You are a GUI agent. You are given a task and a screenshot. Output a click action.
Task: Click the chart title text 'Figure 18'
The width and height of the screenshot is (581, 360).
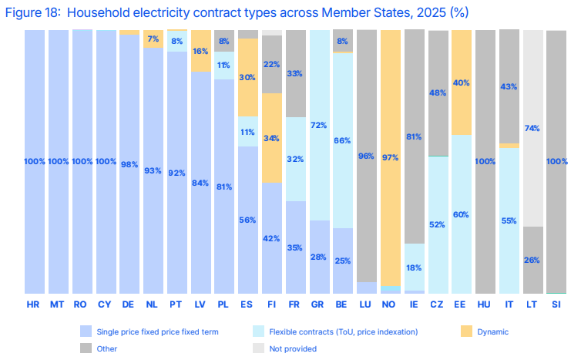(x=32, y=12)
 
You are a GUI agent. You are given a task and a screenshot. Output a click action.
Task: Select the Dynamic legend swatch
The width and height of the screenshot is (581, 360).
(x=466, y=331)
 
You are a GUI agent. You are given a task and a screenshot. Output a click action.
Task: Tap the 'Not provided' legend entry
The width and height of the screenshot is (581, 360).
(x=284, y=348)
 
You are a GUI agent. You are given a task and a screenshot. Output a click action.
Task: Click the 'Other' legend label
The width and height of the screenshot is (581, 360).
(x=106, y=349)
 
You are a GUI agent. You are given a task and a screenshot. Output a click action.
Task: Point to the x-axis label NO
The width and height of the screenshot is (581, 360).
(x=388, y=304)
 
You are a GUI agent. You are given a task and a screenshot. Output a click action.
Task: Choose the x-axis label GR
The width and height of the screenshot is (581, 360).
(x=317, y=304)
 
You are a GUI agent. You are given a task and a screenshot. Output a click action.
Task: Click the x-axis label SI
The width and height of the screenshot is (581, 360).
(x=556, y=304)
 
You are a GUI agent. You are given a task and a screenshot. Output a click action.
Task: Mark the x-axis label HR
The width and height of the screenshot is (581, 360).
(x=33, y=304)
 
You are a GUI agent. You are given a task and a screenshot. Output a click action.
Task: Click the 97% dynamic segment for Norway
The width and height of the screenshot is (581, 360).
(x=391, y=158)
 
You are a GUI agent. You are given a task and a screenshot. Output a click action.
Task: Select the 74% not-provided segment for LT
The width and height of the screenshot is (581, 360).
(x=533, y=128)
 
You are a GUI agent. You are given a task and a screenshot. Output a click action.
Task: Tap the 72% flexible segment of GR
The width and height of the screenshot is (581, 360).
(x=320, y=126)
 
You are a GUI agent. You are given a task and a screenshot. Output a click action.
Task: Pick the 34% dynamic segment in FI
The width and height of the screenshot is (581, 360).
(x=272, y=138)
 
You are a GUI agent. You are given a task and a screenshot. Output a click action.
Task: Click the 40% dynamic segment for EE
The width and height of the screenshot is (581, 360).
(x=462, y=82)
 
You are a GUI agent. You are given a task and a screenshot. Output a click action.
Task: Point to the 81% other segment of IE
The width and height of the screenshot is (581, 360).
(x=415, y=136)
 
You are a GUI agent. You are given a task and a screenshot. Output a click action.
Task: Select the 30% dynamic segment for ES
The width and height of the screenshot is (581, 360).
(x=248, y=78)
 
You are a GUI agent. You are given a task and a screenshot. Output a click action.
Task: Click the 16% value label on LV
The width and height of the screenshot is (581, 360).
(x=200, y=51)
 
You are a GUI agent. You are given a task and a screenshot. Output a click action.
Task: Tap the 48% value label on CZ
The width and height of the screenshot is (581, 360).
(x=438, y=93)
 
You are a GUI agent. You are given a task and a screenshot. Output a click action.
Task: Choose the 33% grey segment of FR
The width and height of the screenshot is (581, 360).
(x=296, y=74)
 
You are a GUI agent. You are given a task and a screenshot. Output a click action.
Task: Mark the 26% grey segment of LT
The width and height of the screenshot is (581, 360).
(x=533, y=261)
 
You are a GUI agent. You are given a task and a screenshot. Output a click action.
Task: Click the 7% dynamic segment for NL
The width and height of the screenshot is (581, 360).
(x=153, y=39)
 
